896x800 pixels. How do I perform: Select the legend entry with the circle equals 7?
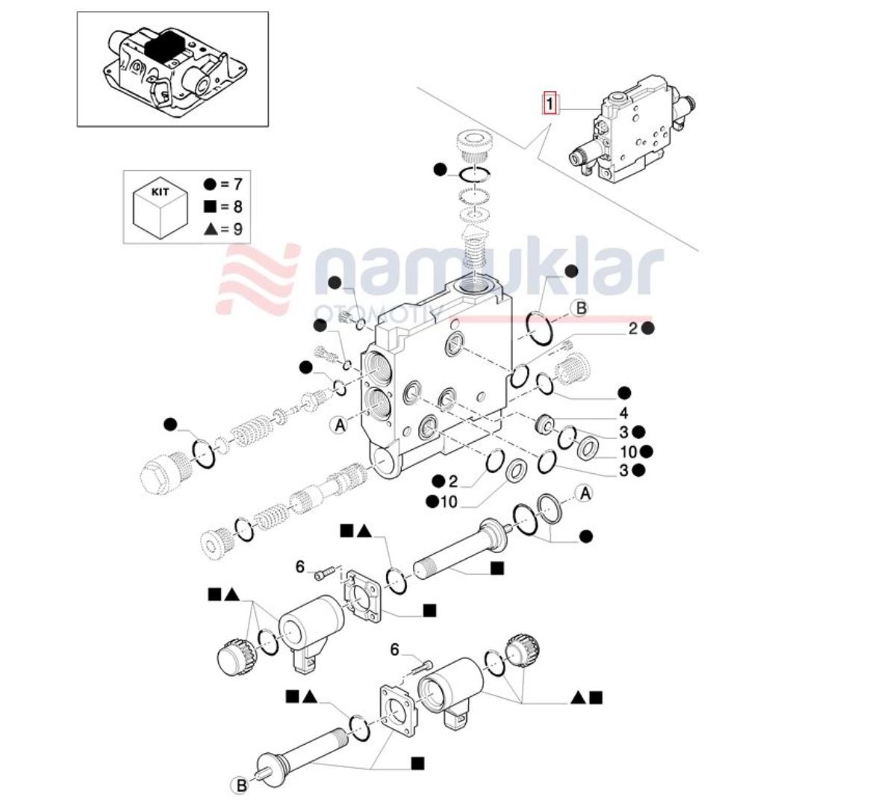click(x=223, y=184)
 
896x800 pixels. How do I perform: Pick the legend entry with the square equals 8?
click(x=223, y=207)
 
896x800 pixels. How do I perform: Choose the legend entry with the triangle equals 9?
click(x=223, y=229)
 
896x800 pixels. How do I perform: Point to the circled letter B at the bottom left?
click(x=241, y=784)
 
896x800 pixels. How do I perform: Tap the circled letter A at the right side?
click(x=585, y=493)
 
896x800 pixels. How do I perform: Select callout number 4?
click(x=623, y=413)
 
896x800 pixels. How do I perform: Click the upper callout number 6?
click(x=300, y=567)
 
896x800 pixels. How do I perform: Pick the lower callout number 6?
click(x=395, y=649)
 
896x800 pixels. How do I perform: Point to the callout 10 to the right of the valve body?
click(x=628, y=451)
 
